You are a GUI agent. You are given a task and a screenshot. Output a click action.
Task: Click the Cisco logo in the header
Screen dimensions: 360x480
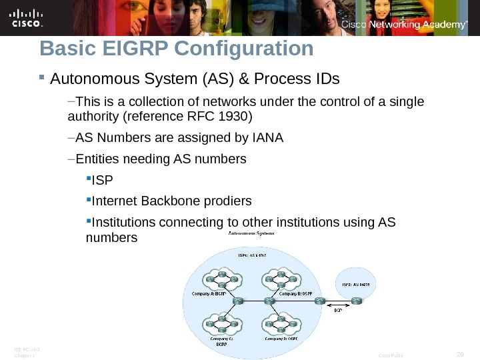click(x=27, y=19)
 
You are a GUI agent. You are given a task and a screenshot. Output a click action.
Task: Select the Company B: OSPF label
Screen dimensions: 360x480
click(x=297, y=293)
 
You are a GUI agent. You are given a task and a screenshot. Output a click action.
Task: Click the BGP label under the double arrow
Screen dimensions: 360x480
click(x=338, y=310)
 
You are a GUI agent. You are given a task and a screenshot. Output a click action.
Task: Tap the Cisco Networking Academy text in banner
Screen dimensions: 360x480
click(x=404, y=25)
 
